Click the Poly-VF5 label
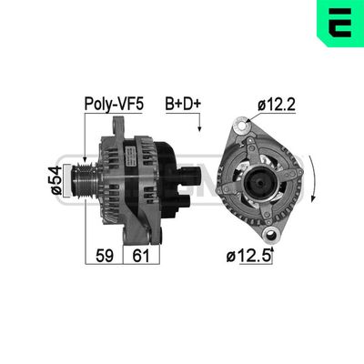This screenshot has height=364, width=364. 113,104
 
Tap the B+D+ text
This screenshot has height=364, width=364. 184,104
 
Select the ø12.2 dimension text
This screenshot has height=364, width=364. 277,106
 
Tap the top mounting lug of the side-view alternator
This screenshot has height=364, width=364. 116,127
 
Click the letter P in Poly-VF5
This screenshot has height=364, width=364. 89,104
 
